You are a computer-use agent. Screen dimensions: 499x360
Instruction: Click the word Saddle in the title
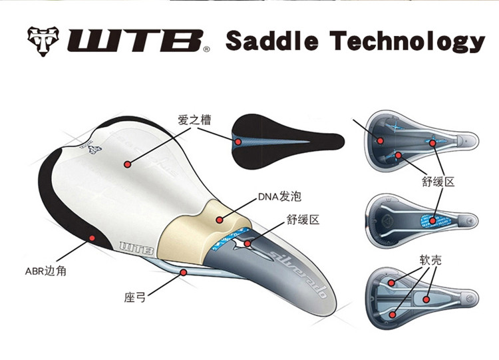point(270,41)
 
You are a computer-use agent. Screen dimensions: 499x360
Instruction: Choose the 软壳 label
point(430,261)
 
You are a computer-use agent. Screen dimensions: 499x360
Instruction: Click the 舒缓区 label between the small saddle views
point(438,181)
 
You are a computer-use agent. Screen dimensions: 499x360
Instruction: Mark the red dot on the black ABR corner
point(92,236)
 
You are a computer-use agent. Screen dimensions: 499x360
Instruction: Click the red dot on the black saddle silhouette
point(236,140)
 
